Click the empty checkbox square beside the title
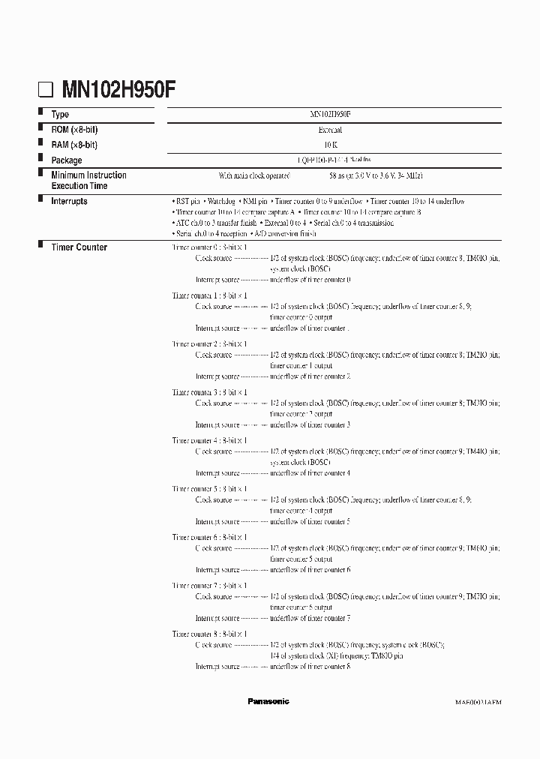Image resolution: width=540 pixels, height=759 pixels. tap(46, 91)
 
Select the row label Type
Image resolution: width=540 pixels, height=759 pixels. tap(60, 115)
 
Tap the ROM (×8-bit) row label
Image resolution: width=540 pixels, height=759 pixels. tap(74, 130)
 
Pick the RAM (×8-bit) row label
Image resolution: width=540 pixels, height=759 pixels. tap(74, 144)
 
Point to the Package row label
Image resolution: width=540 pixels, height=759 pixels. tap(67, 160)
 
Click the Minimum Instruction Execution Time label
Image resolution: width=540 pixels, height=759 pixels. tap(88, 180)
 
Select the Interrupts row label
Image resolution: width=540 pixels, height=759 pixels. tap(69, 201)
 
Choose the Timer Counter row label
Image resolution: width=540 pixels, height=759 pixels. tap(79, 247)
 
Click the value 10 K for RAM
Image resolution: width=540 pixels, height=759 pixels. tap(331, 145)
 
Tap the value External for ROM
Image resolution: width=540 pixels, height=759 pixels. tap(331, 130)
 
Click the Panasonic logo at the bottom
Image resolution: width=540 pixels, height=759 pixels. tap(268, 701)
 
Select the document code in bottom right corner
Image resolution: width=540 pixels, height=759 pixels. tap(478, 702)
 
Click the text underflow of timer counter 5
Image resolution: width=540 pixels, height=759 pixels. tap(310, 521)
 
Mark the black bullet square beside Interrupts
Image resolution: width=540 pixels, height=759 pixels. tap(40, 199)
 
